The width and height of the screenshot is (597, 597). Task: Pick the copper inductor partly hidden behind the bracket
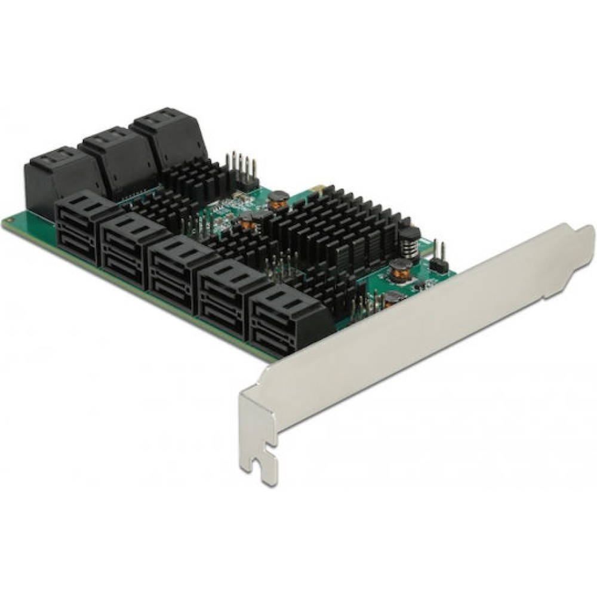coord(391,299)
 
